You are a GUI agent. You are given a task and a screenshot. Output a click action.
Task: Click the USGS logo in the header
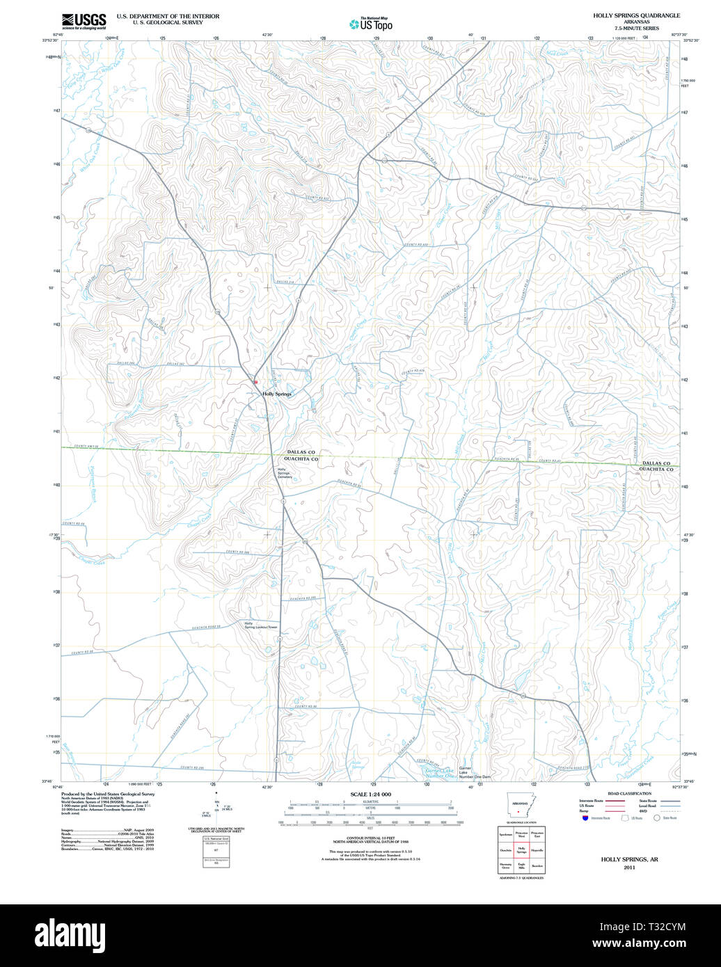click(84, 20)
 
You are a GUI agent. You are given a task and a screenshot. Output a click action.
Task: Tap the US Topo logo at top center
click(371, 24)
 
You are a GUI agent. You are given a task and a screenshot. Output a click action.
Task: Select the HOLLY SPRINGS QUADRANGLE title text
click(636, 15)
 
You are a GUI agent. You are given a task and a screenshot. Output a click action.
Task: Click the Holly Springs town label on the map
click(277, 394)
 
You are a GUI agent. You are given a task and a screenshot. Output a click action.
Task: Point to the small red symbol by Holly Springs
click(255, 382)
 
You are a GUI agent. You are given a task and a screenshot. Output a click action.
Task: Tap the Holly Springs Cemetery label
click(285, 473)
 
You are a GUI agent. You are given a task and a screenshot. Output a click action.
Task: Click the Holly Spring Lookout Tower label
click(260, 625)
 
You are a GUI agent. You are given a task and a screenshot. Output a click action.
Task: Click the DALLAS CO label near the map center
click(301, 452)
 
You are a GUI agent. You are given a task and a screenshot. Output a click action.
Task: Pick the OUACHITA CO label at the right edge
click(656, 470)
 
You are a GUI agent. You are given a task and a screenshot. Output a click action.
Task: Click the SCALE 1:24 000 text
click(370, 794)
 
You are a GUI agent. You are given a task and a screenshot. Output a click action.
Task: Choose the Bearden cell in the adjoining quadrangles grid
click(537, 866)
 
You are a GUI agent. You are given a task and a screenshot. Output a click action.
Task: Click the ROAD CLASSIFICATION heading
click(628, 794)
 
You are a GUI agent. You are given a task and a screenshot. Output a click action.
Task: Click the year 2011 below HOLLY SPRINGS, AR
click(629, 868)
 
